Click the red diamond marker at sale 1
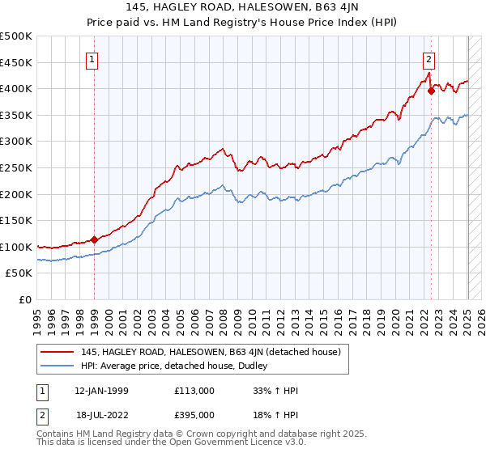94,239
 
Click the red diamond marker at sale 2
431,91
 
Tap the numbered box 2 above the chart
428,58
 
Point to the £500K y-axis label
16,36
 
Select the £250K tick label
16,167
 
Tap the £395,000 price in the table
194,414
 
